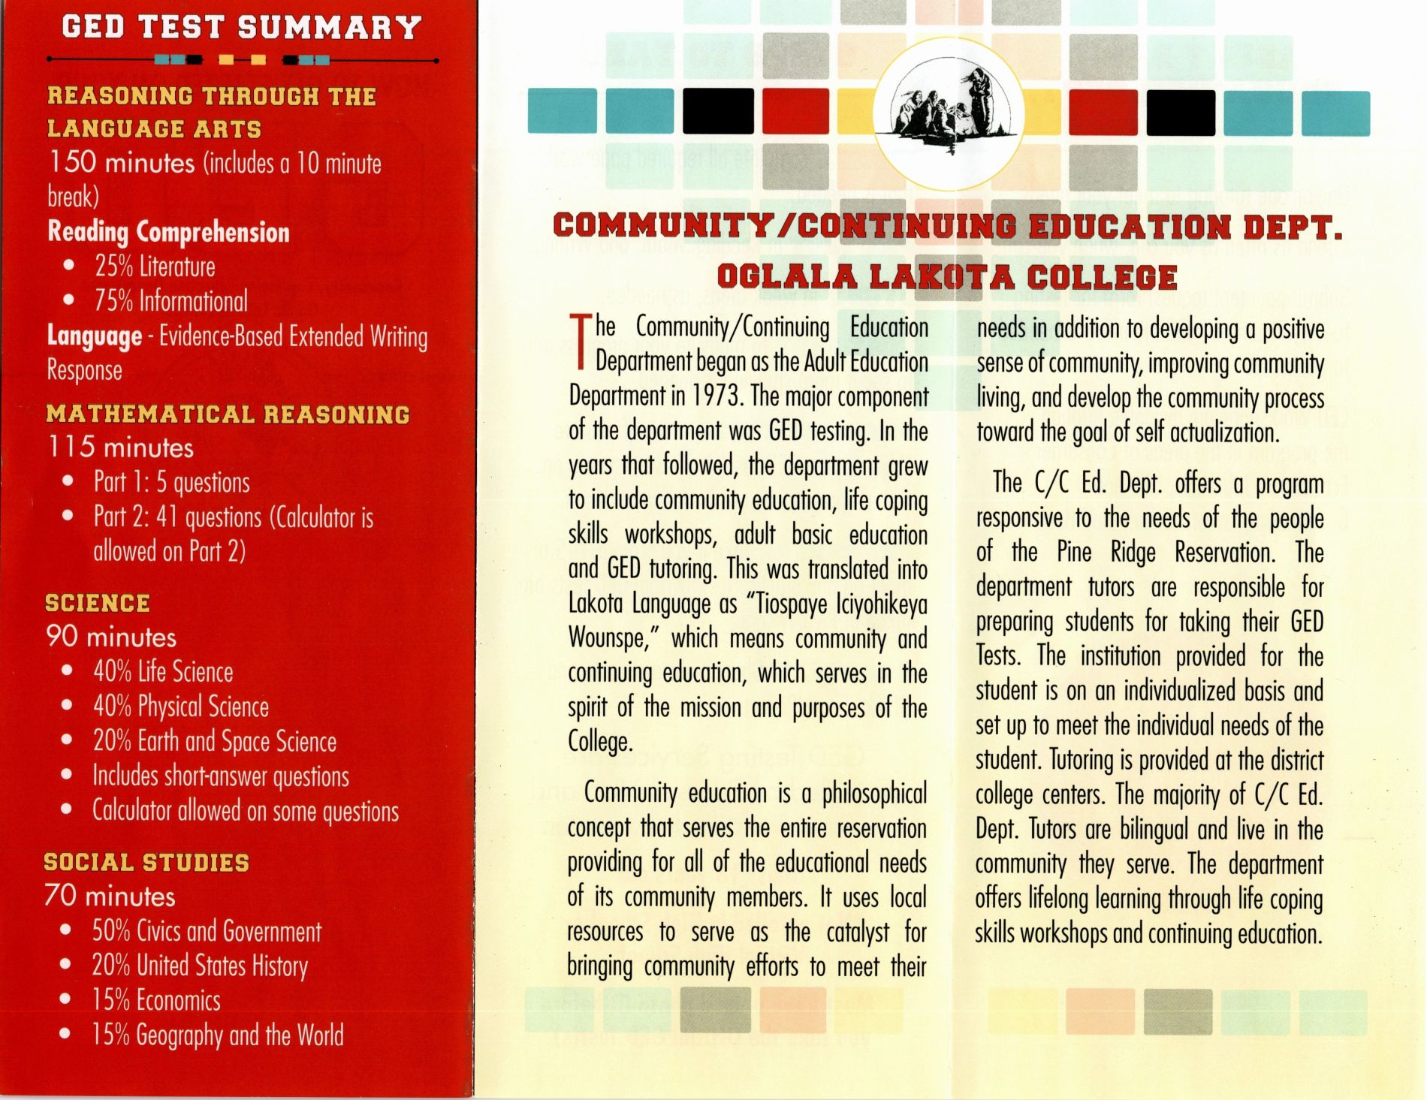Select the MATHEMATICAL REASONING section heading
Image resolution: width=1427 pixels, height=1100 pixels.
(228, 414)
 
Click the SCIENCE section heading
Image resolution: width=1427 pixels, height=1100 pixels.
(98, 603)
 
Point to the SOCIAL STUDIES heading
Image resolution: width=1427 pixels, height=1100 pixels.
(146, 862)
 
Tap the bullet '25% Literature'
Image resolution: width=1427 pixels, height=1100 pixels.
(154, 267)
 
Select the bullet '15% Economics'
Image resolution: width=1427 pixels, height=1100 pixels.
(156, 1000)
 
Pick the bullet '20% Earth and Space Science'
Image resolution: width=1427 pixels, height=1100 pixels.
(214, 741)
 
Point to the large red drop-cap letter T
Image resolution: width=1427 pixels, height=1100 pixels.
(579, 342)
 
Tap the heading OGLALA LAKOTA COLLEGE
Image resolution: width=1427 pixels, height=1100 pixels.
(947, 277)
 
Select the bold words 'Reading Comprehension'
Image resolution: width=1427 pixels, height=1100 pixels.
(168, 232)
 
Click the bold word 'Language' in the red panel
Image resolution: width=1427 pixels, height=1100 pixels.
(95, 336)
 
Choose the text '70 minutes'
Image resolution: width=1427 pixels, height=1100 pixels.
(110, 897)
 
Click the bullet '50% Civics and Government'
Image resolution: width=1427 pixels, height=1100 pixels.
(207, 931)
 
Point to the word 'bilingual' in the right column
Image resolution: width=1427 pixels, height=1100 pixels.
(1154, 830)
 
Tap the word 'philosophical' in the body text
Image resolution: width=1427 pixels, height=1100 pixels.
(874, 793)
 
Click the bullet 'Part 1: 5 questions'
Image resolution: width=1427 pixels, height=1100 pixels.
(171, 482)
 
